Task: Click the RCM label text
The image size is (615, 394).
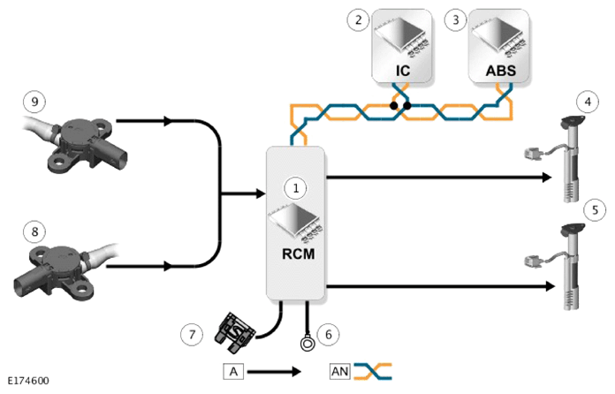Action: tap(298, 254)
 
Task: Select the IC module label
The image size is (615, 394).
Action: tap(403, 71)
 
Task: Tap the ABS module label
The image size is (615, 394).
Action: tap(501, 71)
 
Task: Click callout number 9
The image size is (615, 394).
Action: tap(34, 102)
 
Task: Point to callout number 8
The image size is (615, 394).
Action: tap(34, 231)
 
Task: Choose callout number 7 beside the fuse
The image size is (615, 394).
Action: tap(192, 335)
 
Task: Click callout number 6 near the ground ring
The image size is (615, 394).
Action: tap(329, 335)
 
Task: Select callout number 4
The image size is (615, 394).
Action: tap(588, 102)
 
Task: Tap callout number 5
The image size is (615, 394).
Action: tap(595, 210)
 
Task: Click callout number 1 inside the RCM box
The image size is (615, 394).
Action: tap(296, 188)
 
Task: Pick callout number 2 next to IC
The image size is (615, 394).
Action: tap(358, 19)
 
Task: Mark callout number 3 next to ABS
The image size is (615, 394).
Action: tap(455, 19)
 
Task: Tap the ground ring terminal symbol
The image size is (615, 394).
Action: tap(307, 344)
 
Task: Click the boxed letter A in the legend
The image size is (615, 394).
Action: tap(233, 371)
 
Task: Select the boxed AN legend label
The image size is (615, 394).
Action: tap(339, 371)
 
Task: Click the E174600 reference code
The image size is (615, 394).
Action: tap(28, 381)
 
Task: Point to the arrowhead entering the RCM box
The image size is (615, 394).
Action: tap(262, 193)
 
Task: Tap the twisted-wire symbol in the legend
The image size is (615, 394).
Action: tap(373, 371)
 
